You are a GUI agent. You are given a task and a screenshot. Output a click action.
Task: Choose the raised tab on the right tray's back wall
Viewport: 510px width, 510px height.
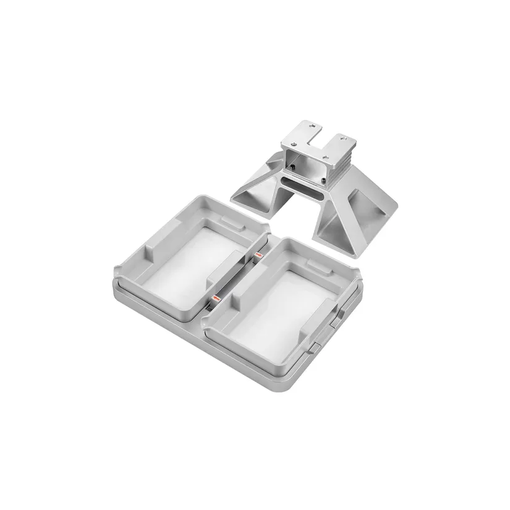click(319, 265)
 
